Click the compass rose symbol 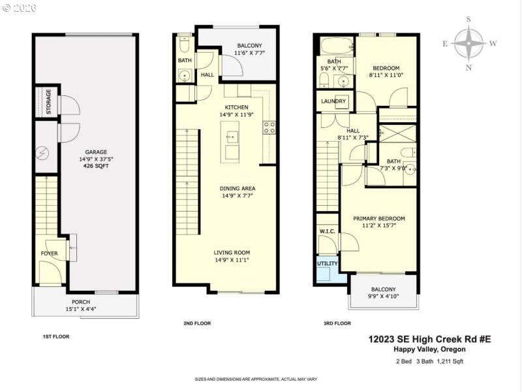(x=468, y=43)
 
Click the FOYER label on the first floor (x=50, y=253)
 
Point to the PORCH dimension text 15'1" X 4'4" (x=82, y=309)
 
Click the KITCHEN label (x=236, y=107)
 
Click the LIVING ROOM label (x=232, y=252)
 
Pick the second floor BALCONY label (x=249, y=46)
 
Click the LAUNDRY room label (x=334, y=101)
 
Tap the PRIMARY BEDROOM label (x=379, y=218)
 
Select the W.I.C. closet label (x=327, y=231)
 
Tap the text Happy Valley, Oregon (x=442, y=350)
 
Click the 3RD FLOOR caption (x=337, y=323)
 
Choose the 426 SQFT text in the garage (x=96, y=166)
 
